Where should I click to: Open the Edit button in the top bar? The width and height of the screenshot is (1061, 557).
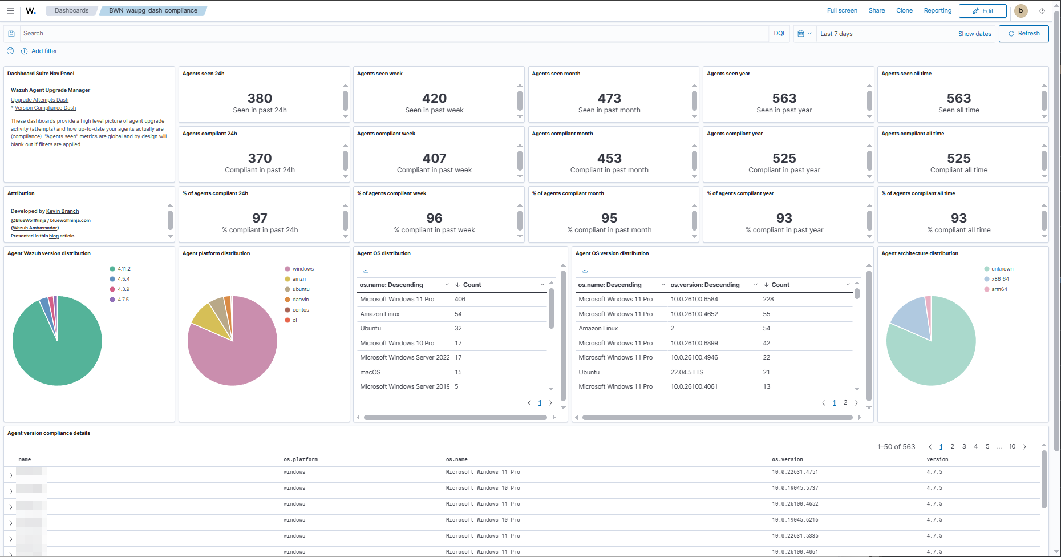pos(982,11)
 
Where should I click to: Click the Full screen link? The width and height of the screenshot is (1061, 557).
pos(842,11)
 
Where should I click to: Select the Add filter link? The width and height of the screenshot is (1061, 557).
pos(44,51)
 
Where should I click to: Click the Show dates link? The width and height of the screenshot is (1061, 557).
pos(974,34)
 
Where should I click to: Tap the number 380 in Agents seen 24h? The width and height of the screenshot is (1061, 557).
pos(260,98)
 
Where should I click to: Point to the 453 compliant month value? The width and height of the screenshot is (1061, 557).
pos(609,158)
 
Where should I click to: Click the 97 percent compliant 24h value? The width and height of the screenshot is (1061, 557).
pos(260,218)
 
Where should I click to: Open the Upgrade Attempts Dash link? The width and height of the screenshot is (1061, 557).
pos(39,100)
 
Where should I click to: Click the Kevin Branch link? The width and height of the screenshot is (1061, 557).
pos(62,211)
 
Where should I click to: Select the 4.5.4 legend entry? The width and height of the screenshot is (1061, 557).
pos(123,279)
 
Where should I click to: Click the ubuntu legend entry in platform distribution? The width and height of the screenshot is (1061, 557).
pos(301,289)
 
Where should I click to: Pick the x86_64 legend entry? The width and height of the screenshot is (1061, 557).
pos(1000,279)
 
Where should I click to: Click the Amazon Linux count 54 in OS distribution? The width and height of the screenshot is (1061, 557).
pos(458,314)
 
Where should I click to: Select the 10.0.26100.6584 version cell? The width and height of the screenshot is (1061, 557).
pos(694,299)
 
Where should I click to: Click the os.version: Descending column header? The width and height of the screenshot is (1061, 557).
pos(705,285)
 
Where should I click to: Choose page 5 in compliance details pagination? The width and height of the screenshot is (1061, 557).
pos(987,447)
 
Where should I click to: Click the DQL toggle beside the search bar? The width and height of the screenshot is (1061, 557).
pos(779,34)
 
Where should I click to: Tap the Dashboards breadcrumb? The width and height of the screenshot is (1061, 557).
pos(71,11)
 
